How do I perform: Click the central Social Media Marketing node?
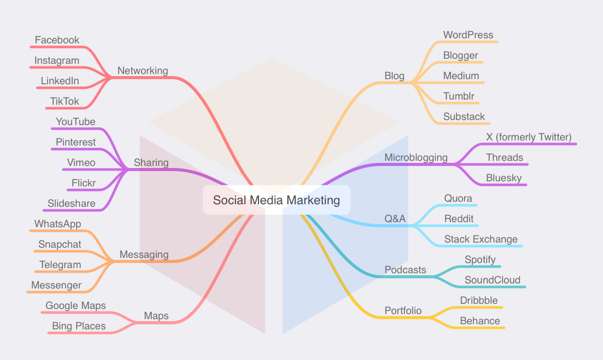[x=276, y=200]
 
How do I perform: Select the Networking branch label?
[x=142, y=71]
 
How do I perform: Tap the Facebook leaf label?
[x=57, y=40]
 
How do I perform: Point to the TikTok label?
[x=65, y=102]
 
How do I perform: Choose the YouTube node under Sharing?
[x=76, y=122]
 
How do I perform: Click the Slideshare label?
[x=71, y=204]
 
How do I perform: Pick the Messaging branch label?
[x=144, y=255]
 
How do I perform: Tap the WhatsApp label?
[x=58, y=224]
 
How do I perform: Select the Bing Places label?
[x=79, y=326]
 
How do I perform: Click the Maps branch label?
[x=156, y=316]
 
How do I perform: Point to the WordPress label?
[x=468, y=35]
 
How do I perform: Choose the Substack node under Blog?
[x=464, y=117]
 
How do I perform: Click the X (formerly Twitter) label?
[x=529, y=137]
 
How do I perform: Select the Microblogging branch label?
[x=416, y=158]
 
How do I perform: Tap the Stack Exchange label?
[x=481, y=239]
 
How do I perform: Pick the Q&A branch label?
[x=395, y=219]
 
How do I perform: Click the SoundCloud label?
[x=493, y=280]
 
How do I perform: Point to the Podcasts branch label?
[x=405, y=270]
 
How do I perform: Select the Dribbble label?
[x=479, y=301]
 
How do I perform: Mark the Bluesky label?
[x=504, y=178]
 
